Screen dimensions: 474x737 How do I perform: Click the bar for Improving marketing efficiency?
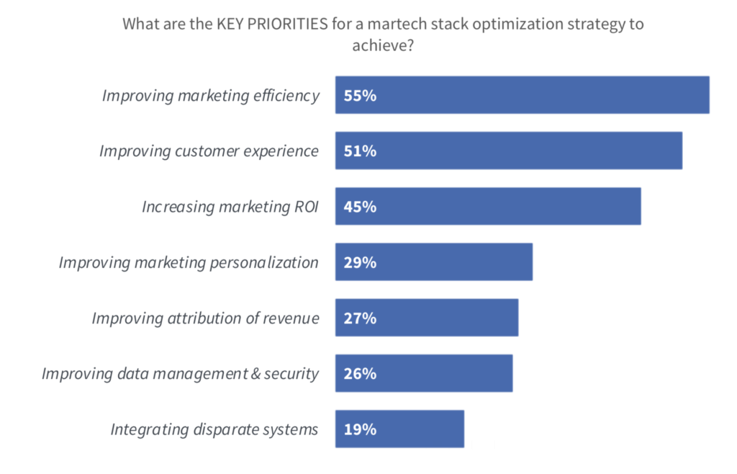coord(522,95)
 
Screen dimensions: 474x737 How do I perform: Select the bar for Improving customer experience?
coord(508,151)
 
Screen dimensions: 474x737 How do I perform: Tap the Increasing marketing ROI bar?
coord(487,207)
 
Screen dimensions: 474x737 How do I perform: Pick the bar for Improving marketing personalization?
coord(433,262)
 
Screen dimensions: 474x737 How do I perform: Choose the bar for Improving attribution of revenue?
coord(426,318)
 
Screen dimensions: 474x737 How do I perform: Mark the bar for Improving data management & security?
coord(423,373)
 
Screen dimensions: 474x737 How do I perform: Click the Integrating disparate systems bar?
coord(399,429)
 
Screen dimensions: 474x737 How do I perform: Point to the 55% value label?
coord(360,96)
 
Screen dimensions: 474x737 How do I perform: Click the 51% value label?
coord(360,151)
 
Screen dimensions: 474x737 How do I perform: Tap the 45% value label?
coord(360,207)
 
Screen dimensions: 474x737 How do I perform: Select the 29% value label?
coord(360,263)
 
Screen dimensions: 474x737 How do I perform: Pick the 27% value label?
coord(360,318)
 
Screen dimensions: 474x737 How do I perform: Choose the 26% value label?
coord(360,374)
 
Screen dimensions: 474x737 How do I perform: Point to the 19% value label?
coord(360,430)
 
